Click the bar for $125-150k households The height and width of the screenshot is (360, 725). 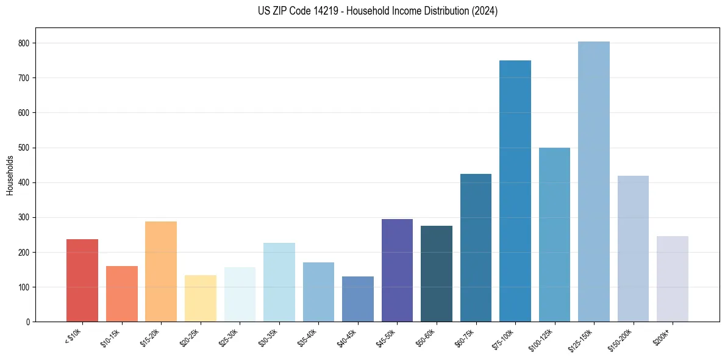(593, 183)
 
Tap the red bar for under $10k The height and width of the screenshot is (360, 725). (82, 281)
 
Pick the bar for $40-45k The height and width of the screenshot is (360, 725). (357, 299)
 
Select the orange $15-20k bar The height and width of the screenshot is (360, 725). (161, 272)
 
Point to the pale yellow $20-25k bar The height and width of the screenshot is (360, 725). (200, 298)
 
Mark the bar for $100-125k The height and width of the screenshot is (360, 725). (554, 235)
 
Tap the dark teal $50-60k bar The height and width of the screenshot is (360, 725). (436, 274)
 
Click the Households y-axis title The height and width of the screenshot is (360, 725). (10, 175)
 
